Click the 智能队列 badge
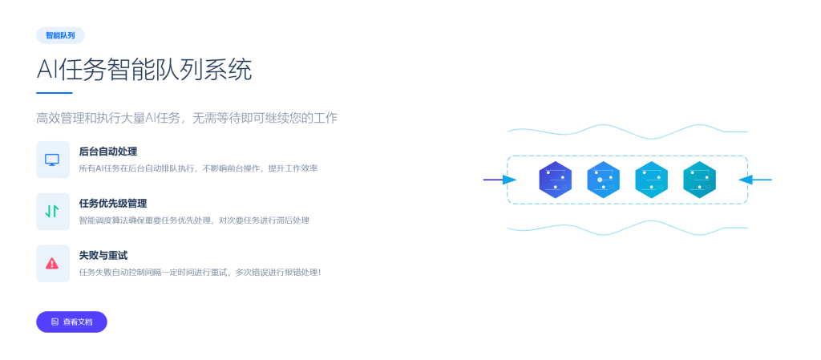point(60,35)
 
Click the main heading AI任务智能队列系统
point(144,70)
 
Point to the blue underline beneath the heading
point(55,93)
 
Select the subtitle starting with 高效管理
point(187,118)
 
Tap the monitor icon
point(52,160)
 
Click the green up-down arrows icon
point(52,212)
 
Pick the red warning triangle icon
point(52,263)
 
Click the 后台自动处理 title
point(108,152)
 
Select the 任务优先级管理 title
point(112,204)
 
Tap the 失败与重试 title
point(103,255)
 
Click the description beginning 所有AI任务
point(199,168)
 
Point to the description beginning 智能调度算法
point(194,220)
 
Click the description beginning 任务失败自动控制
point(200,272)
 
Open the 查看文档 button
point(71,322)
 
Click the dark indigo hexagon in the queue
point(555,180)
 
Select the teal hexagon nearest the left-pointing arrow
point(699,180)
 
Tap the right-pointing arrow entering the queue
point(499,180)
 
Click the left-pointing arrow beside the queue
point(755,180)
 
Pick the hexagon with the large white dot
point(603,180)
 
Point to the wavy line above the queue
point(627,131)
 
